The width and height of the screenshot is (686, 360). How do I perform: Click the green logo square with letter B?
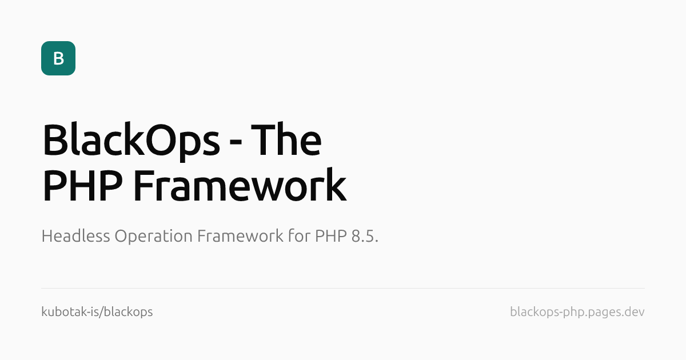click(58, 58)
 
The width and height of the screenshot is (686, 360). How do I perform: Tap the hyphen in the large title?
click(236, 141)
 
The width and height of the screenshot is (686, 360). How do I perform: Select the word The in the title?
click(286, 139)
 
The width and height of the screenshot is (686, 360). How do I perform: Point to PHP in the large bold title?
click(83, 186)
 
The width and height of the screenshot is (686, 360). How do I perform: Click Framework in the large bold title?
click(240, 185)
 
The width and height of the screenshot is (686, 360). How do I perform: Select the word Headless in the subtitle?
click(75, 235)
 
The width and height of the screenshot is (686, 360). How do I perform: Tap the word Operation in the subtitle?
click(153, 237)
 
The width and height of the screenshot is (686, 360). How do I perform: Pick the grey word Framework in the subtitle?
click(240, 235)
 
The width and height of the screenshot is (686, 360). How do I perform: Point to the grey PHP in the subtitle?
click(331, 236)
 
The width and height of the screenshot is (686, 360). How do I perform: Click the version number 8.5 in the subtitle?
click(363, 236)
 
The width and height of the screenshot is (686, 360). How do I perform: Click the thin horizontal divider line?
click(343, 288)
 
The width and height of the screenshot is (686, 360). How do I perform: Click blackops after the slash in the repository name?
click(130, 312)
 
